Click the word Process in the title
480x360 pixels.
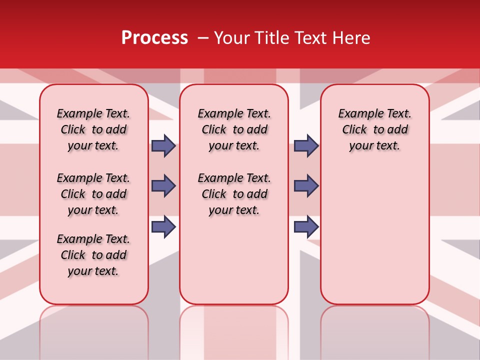click(x=154, y=38)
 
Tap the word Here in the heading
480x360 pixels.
click(x=350, y=38)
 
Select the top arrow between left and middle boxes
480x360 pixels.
click(x=163, y=145)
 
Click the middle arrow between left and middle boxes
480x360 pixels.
click(x=163, y=186)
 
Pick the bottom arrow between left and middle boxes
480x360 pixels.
click(x=163, y=226)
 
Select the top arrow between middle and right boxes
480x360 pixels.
click(x=306, y=145)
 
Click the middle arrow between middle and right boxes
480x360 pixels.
click(x=306, y=186)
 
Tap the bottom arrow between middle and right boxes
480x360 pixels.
click(x=306, y=226)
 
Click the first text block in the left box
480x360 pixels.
click(x=93, y=129)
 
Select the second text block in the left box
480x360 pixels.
click(x=93, y=194)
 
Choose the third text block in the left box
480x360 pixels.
click(x=93, y=255)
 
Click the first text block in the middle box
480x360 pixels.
click(x=234, y=129)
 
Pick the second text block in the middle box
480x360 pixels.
click(x=234, y=194)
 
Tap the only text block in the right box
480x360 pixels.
click(x=374, y=129)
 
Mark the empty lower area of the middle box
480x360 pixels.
click(x=234, y=260)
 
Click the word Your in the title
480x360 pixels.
click(x=231, y=38)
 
